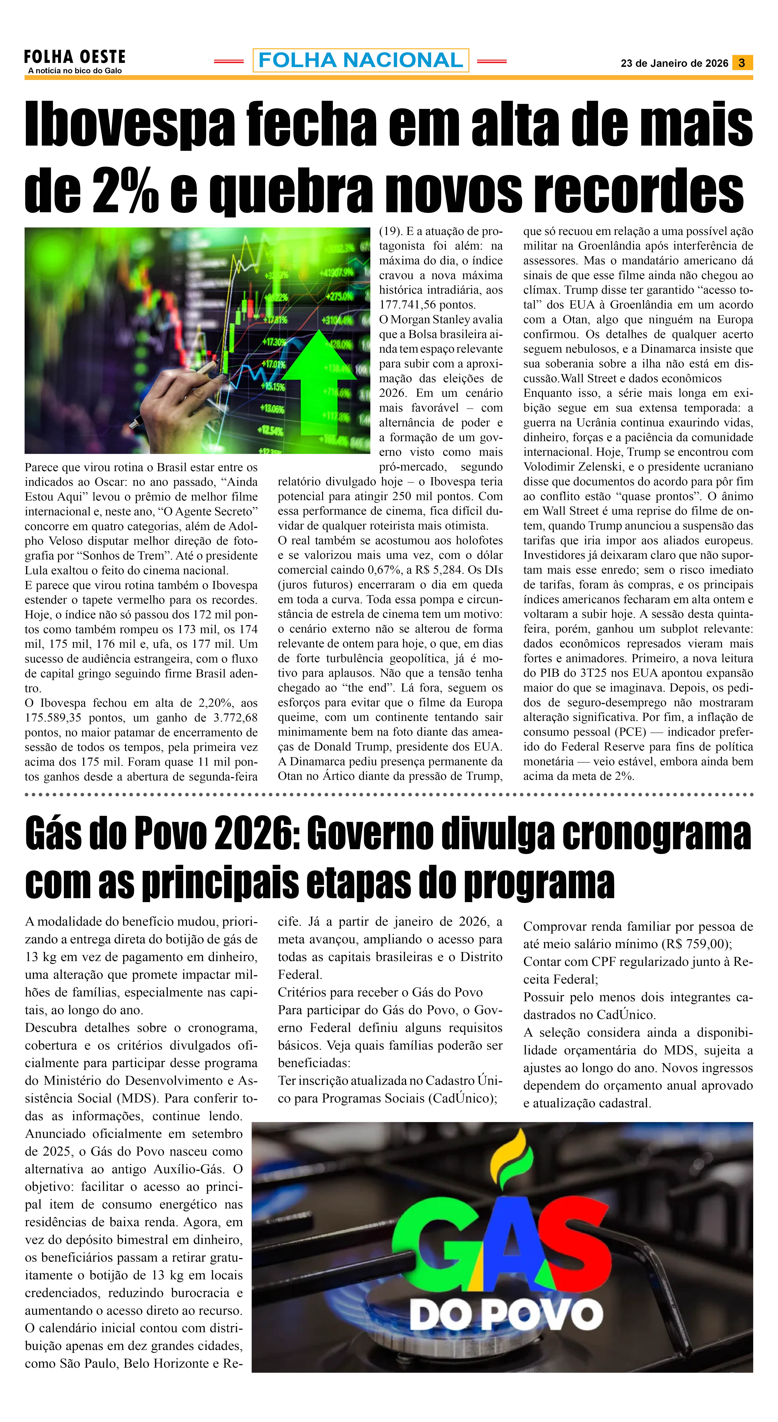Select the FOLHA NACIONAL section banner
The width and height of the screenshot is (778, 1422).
(x=361, y=60)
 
